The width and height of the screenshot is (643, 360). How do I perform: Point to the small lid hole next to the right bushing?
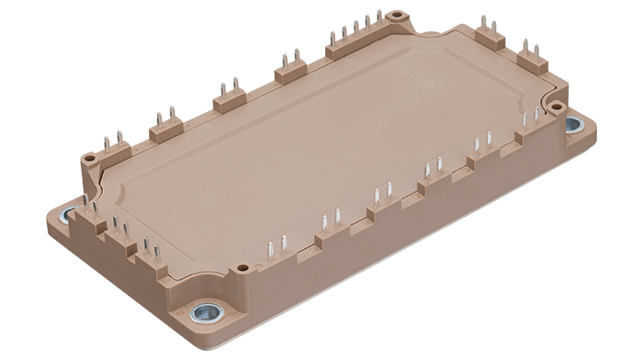(557, 107)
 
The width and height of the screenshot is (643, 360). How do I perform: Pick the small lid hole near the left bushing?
(89, 159)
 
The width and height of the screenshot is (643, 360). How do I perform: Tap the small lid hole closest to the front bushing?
(243, 269)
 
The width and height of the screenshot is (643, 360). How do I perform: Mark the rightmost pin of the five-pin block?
(378, 18)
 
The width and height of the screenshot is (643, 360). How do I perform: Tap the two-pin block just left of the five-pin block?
(291, 70)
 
